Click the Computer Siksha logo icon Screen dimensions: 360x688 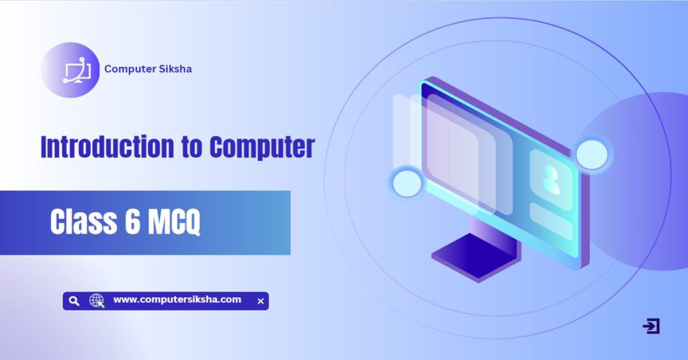(72, 70)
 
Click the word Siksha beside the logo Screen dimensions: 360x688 (173, 69)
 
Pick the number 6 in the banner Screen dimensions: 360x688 (132, 223)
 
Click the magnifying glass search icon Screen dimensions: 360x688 (75, 301)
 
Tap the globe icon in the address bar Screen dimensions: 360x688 (97, 301)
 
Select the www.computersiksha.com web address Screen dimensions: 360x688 (177, 300)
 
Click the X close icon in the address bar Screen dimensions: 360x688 (261, 302)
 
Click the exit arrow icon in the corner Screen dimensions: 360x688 (651, 326)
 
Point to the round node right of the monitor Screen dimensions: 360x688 (592, 154)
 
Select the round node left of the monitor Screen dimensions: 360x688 (406, 183)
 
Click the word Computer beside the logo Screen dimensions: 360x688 (128, 69)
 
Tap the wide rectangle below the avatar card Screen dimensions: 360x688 (551, 220)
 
